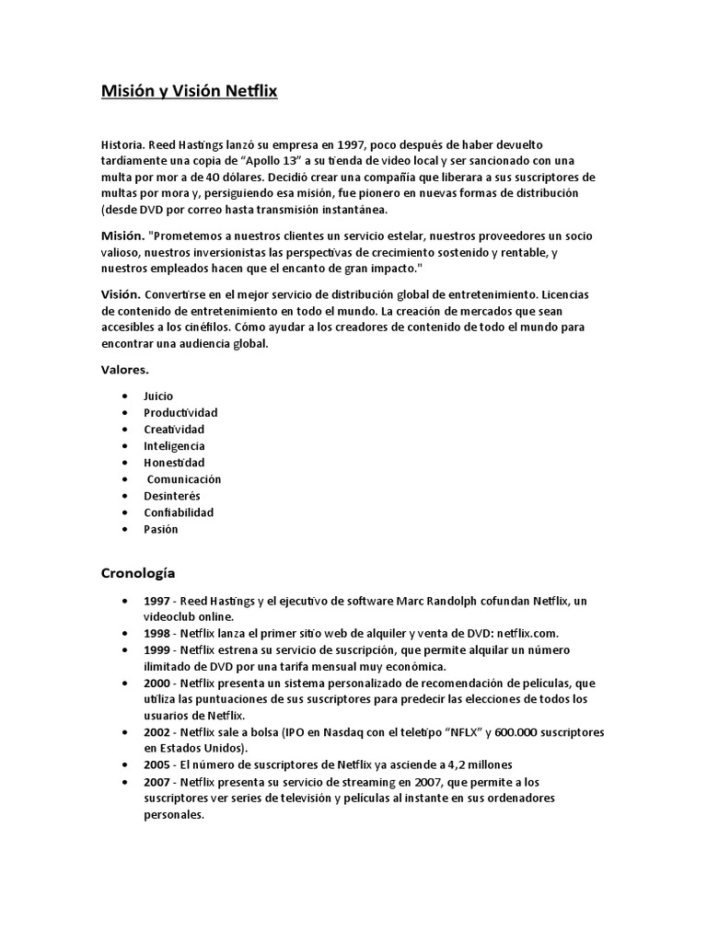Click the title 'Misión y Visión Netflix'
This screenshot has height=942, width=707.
click(189, 92)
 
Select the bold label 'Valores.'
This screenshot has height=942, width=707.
click(124, 370)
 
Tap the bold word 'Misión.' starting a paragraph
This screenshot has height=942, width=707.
click(121, 236)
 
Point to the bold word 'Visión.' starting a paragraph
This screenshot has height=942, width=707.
click(121, 294)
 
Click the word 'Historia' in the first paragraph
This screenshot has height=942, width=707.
click(122, 144)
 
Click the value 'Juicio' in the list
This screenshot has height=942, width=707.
click(158, 396)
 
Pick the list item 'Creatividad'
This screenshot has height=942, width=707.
click(174, 430)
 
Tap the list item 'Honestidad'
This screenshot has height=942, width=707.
click(174, 463)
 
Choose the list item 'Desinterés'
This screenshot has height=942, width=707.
click(172, 496)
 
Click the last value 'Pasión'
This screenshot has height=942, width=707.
click(161, 529)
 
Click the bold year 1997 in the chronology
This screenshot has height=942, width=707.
click(157, 601)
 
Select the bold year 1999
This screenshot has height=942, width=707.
click(157, 650)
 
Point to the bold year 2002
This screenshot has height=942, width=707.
click(157, 733)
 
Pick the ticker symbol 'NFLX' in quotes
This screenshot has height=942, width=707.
click(462, 733)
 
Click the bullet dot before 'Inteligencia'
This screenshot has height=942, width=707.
click(124, 446)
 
